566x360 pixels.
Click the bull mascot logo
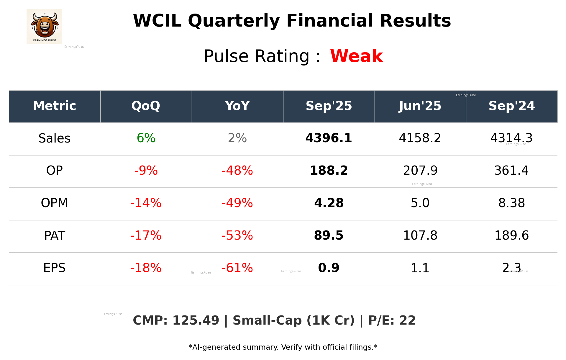click(44, 26)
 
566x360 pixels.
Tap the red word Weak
click(356, 56)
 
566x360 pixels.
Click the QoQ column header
click(146, 106)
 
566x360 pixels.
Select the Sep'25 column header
click(329, 106)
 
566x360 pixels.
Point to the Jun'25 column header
click(420, 106)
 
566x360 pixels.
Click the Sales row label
click(55, 138)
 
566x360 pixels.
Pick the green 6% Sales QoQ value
click(146, 138)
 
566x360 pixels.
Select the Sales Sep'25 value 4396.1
click(329, 138)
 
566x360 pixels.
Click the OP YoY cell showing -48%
click(237, 171)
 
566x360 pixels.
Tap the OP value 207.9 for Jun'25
click(420, 171)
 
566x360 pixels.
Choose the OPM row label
click(55, 203)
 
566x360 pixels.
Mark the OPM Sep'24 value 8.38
click(511, 203)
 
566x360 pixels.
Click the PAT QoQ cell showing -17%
click(146, 235)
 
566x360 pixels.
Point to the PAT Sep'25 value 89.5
click(329, 235)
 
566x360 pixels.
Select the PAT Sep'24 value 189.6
click(511, 235)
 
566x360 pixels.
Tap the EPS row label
click(55, 268)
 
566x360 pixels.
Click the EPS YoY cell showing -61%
click(237, 268)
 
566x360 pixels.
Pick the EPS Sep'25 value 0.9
click(329, 268)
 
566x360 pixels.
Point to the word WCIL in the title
click(157, 21)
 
